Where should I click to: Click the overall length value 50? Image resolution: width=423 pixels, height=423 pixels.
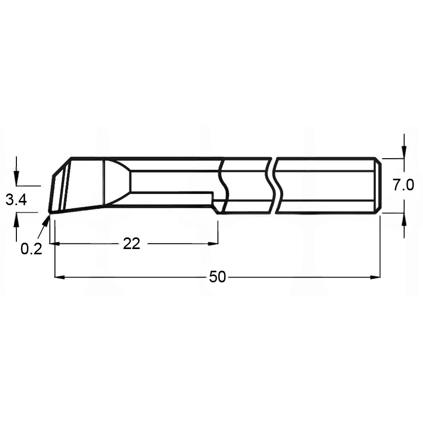tap(217, 277)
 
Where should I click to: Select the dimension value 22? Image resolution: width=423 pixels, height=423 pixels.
tap(131, 243)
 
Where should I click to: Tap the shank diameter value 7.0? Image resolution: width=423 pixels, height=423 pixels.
tap(403, 185)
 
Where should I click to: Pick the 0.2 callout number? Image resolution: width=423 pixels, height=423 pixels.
tap(31, 249)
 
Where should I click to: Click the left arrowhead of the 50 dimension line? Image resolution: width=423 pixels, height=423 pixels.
tap(59, 277)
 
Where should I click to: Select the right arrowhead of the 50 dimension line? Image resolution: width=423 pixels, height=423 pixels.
tap(376, 277)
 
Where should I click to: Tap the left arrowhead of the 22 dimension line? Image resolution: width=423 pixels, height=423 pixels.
tap(53, 243)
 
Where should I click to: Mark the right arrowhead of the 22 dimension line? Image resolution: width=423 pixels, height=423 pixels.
tap(214, 243)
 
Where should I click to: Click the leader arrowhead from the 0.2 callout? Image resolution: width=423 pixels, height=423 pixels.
tap(46, 219)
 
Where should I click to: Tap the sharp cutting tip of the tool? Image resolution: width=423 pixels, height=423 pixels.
tap(49, 213)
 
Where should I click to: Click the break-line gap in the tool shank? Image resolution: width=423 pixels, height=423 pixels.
tap(274, 185)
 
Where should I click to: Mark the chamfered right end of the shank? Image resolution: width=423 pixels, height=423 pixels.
tap(378, 185)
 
